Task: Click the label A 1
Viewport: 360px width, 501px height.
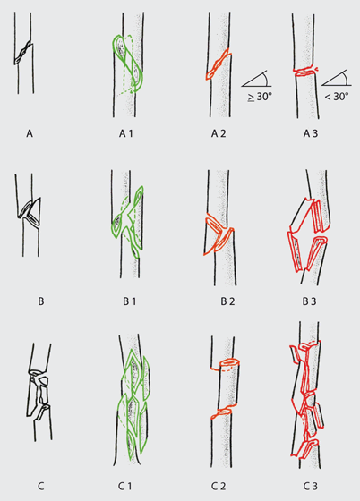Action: pos(125,133)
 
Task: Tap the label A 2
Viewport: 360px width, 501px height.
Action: pos(219,133)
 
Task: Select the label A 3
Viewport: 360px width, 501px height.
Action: pos(311,133)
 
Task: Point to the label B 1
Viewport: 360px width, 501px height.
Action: pos(129,301)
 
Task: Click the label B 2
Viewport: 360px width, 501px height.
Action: pos(227,301)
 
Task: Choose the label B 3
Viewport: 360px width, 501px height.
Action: pos(310,301)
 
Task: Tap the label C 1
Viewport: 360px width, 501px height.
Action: pos(124,487)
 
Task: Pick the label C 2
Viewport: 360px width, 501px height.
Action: pos(219,487)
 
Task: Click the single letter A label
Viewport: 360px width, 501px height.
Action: pos(30,133)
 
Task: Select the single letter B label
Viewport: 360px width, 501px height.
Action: pos(41,301)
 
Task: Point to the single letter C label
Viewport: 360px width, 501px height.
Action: pos(40,487)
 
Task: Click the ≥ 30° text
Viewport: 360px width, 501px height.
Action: pos(260,97)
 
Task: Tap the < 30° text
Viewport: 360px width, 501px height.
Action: pos(337,97)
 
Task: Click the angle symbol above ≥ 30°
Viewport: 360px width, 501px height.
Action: pos(257,79)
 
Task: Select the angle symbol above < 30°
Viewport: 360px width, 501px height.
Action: pos(337,78)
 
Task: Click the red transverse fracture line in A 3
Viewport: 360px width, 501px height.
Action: pos(305,72)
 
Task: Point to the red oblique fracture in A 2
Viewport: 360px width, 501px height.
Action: pos(218,64)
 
